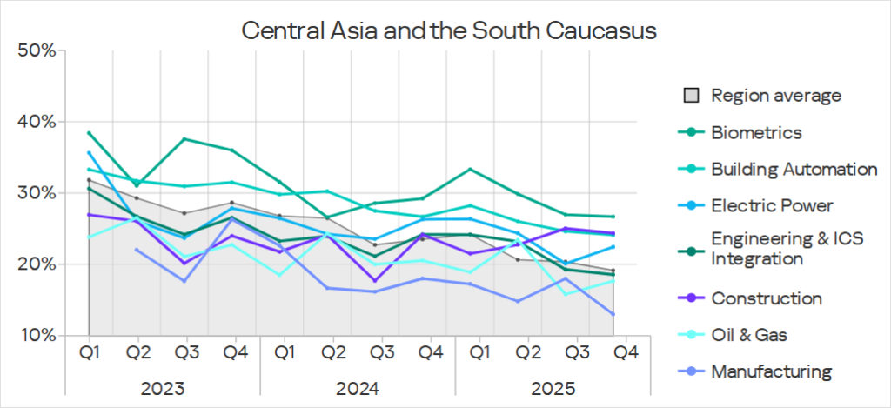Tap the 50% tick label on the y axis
click(37, 50)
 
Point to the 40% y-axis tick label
click(37, 122)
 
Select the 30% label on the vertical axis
click(37, 193)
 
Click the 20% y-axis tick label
click(37, 264)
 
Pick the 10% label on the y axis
click(37, 335)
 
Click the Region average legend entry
click(775, 95)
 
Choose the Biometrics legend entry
click(756, 132)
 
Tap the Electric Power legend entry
click(772, 205)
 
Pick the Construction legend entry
click(766, 298)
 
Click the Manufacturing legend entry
click(771, 371)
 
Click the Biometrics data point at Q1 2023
click(89, 133)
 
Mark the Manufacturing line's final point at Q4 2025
click(613, 314)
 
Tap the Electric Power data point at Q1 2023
click(89, 153)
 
